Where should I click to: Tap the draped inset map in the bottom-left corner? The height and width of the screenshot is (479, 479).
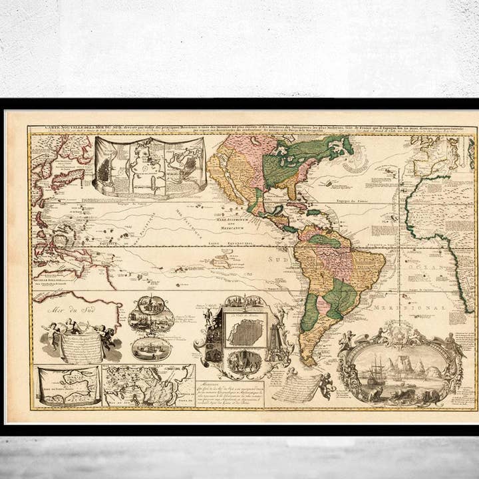tap(68, 386)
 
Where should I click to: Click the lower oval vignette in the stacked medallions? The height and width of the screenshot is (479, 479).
tap(151, 348)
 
